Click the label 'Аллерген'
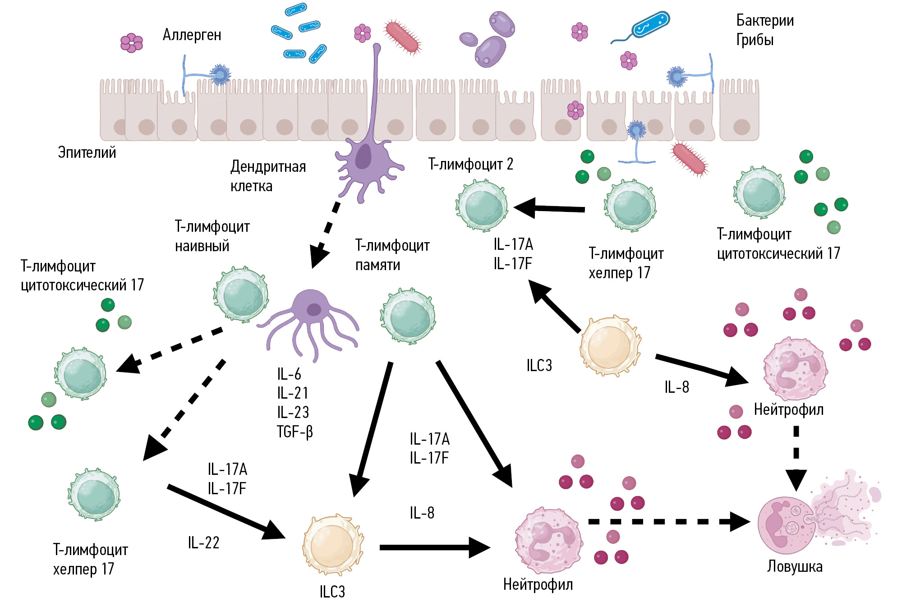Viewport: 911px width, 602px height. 192,35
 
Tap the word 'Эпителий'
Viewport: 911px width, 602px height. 87,152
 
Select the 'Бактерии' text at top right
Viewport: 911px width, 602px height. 765,20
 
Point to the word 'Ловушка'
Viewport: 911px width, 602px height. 795,566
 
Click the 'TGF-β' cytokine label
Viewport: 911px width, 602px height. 295,432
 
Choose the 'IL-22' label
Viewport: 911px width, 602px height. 203,542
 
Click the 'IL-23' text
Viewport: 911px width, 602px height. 293,412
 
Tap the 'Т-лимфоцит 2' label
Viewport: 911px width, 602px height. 470,164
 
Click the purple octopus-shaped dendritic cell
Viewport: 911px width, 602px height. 311,322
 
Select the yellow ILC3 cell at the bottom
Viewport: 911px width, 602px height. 333,546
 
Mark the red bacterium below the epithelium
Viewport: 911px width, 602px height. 689,159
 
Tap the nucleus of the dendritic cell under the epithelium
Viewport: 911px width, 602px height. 363,156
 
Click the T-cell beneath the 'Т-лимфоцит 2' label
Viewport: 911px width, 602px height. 482,206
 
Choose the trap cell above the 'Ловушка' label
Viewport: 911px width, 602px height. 787,525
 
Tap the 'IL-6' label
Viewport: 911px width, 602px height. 289,374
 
